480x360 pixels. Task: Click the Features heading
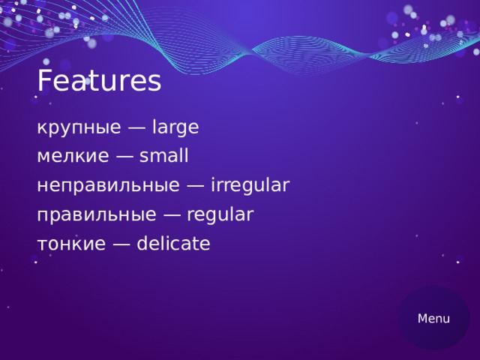[99, 81]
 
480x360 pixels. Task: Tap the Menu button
[434, 319]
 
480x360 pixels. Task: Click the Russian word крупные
[79, 128]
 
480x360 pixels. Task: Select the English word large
[175, 128]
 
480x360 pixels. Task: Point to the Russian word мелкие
[73, 157]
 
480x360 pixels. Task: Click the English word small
[164, 157]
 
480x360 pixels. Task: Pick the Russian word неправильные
[108, 185]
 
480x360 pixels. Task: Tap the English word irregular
[250, 185]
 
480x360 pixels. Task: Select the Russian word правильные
[97, 215]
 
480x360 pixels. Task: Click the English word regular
[220, 215]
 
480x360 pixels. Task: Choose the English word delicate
[174, 244]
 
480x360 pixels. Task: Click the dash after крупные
[136, 129]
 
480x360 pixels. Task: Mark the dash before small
[125, 157]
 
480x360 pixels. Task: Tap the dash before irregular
[196, 186]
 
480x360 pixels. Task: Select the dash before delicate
[122, 244]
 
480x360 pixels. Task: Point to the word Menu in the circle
[434, 319]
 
